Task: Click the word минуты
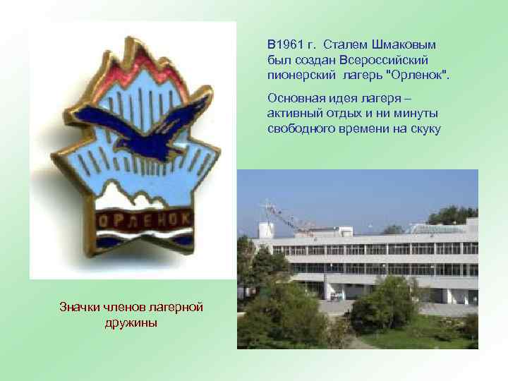pyautogui.click(x=417, y=114)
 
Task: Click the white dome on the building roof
pyautogui.click(x=266, y=229)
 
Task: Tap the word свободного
pyautogui.click(x=301, y=128)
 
